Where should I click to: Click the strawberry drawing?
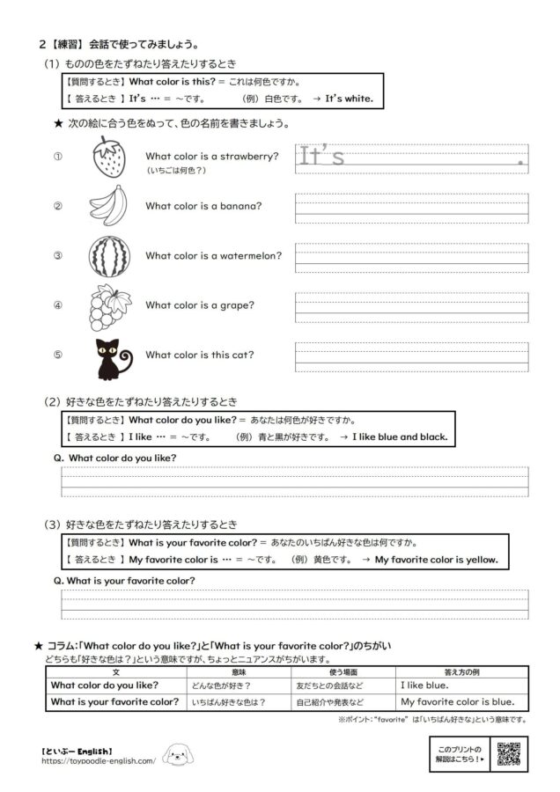[108, 158]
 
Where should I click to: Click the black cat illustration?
[110, 356]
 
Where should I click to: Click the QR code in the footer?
[511, 754]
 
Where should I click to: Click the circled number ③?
[58, 256]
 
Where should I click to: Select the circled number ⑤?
[58, 356]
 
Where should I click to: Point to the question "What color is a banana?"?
[203, 207]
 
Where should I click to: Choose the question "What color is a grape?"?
[200, 305]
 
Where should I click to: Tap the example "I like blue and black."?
[400, 436]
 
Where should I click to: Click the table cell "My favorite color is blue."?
[457, 702]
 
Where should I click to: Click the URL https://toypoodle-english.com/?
[98, 761]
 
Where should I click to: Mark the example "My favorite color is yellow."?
[436, 559]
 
